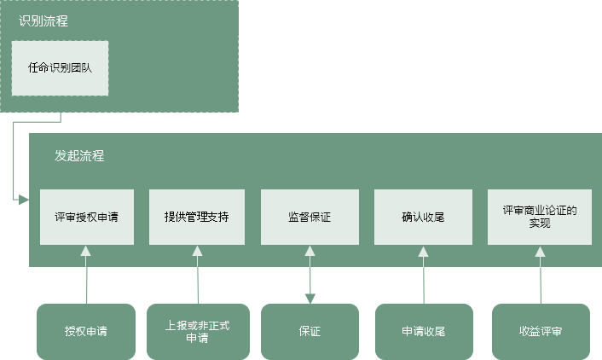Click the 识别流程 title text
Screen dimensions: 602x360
[43, 20]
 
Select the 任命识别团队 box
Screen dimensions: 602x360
[60, 68]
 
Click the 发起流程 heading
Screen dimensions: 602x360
[79, 155]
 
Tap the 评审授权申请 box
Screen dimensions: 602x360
[87, 217]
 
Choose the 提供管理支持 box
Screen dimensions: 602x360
[197, 217]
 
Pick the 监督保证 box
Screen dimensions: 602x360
[310, 217]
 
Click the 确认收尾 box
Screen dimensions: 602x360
[423, 217]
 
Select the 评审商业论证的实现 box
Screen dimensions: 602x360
[540, 217]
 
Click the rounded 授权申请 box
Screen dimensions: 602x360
[86, 332]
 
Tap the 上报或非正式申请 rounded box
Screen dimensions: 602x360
[198, 332]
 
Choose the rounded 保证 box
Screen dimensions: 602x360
[310, 332]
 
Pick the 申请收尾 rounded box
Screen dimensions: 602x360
[424, 332]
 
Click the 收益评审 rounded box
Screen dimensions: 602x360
[541, 332]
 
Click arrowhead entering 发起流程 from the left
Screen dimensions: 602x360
[24, 200]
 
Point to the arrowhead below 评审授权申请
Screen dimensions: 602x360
[85, 251]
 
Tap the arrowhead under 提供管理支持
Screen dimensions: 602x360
[197, 251]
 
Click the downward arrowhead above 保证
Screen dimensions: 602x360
[310, 299]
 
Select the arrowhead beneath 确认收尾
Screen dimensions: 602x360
[423, 252]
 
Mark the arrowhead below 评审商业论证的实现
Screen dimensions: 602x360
[541, 252]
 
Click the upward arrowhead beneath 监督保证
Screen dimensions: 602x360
[310, 251]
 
